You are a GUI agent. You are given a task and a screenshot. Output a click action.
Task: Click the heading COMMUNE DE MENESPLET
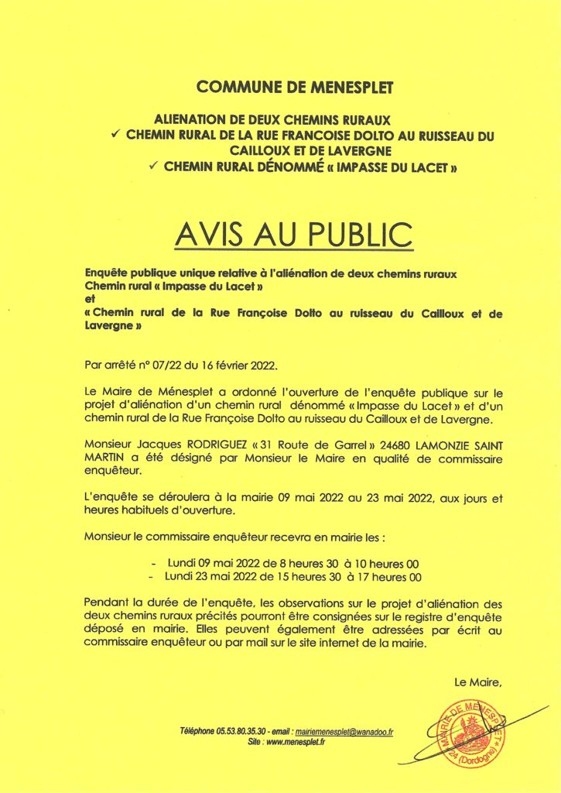coord(280,87)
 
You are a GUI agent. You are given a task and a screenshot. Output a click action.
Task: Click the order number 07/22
coord(165,365)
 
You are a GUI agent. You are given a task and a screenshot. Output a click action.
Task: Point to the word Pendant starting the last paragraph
coord(107,602)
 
